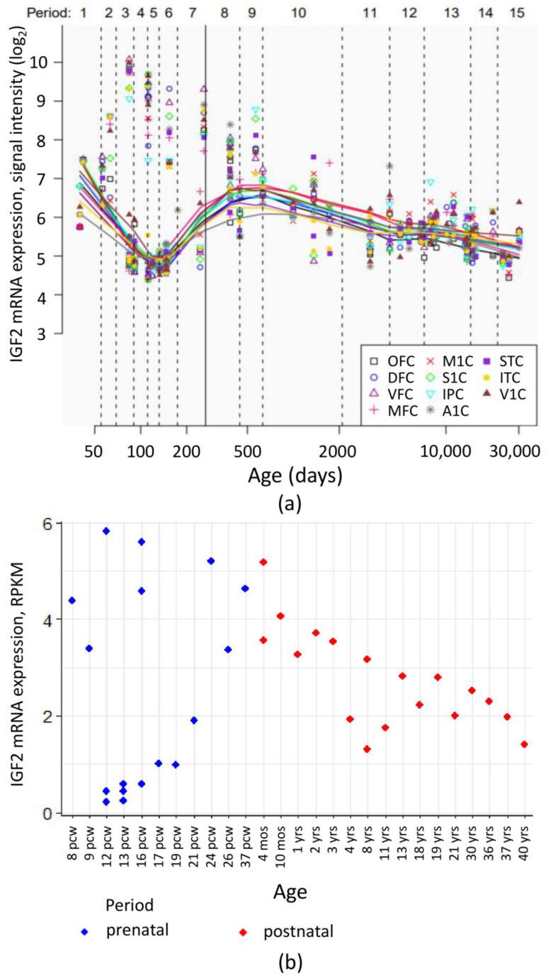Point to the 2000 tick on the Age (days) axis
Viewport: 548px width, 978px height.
coord(341,451)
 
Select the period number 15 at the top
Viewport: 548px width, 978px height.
coord(518,13)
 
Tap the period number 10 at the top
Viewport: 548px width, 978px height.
coord(298,13)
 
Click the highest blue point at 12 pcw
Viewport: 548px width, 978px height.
coord(106,530)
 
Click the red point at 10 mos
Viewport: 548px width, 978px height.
coord(280,616)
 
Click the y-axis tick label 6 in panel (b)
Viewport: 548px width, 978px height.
coord(50,523)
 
